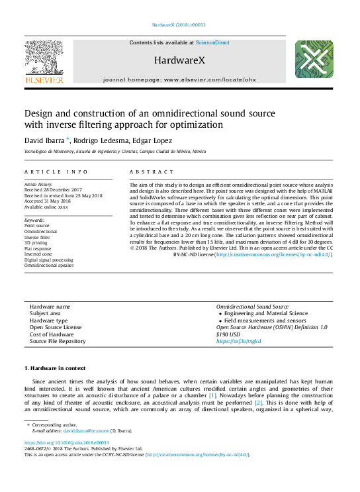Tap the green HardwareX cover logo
pos(314,60)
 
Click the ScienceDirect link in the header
pos(212,42)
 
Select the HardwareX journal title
pos(179,60)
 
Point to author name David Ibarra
pos(43,140)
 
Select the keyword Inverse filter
pos(37,237)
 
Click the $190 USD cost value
pos(228,334)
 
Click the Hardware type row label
pos(49,320)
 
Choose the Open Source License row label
pos(56,327)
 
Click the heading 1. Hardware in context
pos(55,368)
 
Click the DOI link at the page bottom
pos(67,442)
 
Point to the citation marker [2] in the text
pos(259,402)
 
